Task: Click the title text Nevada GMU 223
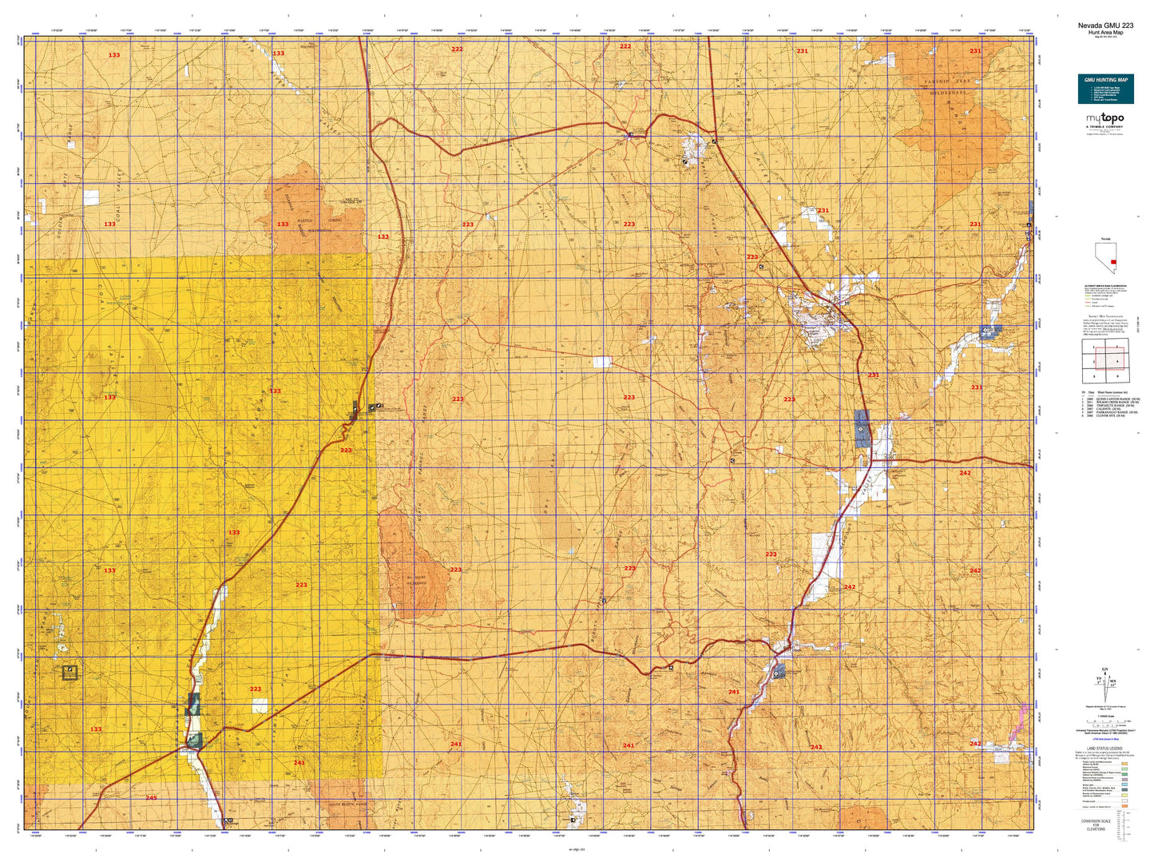point(1105,26)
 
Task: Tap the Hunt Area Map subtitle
point(1105,33)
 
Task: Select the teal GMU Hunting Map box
point(1105,89)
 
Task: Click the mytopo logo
point(1104,120)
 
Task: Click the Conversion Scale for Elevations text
point(1096,824)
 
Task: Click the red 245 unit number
point(151,797)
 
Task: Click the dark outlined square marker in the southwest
point(70,672)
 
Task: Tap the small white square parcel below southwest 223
point(260,705)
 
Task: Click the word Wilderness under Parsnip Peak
point(947,93)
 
